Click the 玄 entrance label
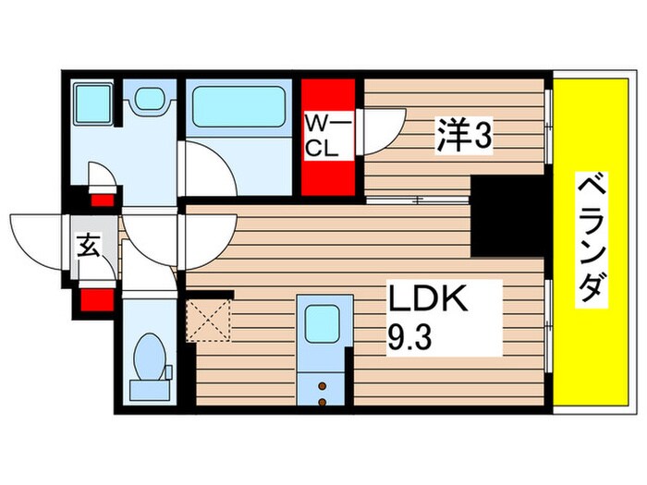click(x=89, y=246)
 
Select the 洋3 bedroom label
click(x=463, y=138)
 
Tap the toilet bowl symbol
click(x=149, y=360)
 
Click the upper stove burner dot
click(x=323, y=383)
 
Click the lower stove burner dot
click(x=323, y=401)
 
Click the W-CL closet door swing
click(x=381, y=131)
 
